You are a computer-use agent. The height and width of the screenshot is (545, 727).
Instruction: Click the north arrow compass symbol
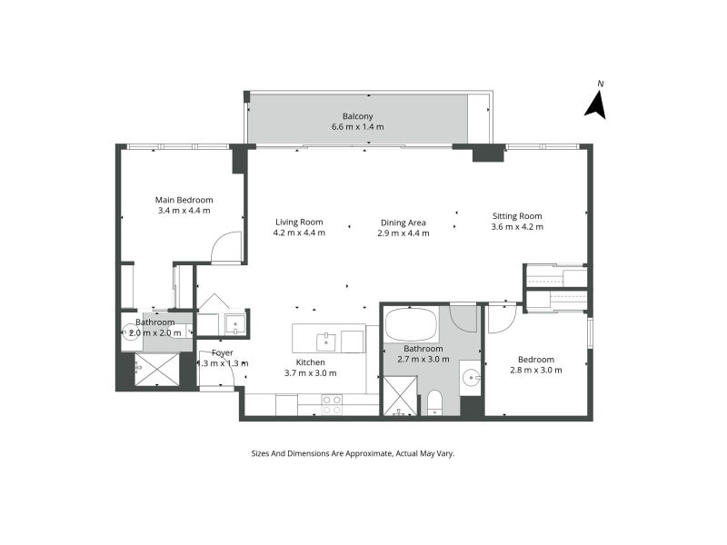(596, 103)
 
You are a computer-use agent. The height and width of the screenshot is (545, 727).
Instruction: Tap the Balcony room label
(357, 116)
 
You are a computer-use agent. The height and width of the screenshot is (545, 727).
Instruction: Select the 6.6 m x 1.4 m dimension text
(357, 127)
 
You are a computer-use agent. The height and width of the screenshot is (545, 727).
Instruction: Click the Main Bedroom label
(184, 200)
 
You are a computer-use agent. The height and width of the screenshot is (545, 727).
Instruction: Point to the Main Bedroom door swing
(227, 248)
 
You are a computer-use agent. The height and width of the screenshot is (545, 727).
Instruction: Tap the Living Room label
(299, 222)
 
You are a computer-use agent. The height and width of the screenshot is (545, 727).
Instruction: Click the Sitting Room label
(517, 216)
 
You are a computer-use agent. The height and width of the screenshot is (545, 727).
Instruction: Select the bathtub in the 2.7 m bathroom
(411, 323)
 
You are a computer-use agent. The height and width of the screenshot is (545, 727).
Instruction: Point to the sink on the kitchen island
(327, 341)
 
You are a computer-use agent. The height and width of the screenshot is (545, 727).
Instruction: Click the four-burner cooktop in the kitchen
(332, 404)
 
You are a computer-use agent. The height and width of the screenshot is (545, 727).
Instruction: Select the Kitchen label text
(311, 362)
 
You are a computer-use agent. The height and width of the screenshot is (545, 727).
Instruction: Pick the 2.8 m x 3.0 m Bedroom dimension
(535, 370)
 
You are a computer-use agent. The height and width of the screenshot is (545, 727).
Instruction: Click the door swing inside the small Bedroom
(502, 318)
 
